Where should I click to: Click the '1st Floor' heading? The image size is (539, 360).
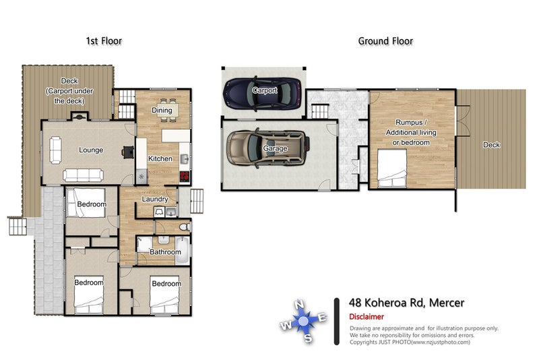click(104, 41)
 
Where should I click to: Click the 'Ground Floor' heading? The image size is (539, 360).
click(385, 41)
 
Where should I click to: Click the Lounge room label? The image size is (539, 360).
click(90, 150)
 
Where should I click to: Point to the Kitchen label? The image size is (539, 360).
click(160, 159)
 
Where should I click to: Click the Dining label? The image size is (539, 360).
click(162, 111)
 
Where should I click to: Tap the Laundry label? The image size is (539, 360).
click(154, 199)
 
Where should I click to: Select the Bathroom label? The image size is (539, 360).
click(165, 252)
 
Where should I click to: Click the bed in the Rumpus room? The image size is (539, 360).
click(392, 168)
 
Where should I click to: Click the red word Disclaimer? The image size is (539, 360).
click(367, 316)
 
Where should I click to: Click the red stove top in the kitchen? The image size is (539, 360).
click(184, 177)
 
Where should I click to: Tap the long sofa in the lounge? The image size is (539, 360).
click(83, 175)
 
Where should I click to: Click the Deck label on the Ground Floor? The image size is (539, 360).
click(492, 145)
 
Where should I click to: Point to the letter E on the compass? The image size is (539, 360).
click(323, 316)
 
